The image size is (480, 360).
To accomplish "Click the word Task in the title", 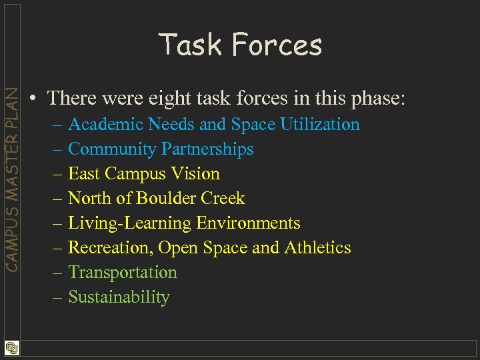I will (x=190, y=45).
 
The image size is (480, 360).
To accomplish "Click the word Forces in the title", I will (x=277, y=45).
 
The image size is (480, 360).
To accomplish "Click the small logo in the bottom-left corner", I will (x=11, y=348).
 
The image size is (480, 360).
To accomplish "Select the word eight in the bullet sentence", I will (x=177, y=98).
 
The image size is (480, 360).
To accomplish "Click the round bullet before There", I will (x=33, y=99).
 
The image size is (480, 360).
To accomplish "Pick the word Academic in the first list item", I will (x=106, y=125).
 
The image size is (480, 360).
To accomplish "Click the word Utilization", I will (x=320, y=125).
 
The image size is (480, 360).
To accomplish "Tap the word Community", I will (x=111, y=149).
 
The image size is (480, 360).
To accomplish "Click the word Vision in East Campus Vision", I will (x=196, y=174).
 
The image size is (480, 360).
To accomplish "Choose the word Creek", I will (x=227, y=199).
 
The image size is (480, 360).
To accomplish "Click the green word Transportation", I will (x=123, y=273).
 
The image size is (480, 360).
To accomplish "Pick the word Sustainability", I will (x=119, y=297).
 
